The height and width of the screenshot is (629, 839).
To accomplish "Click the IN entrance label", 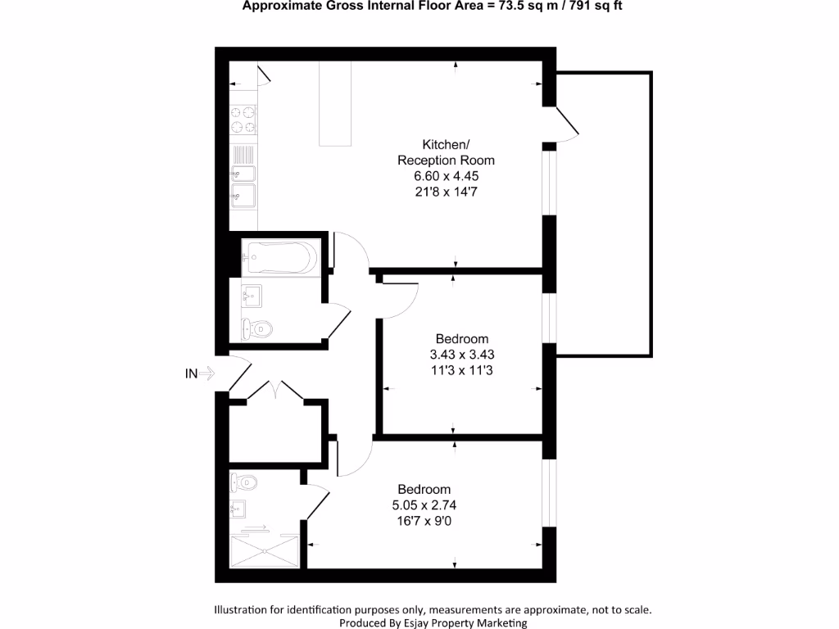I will point(190,374).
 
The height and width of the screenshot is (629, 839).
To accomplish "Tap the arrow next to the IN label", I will point(206,374).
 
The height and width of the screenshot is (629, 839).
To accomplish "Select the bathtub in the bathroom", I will point(279,260).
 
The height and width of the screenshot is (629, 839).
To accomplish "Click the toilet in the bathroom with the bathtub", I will point(257,329).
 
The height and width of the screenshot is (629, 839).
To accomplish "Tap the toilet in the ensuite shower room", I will point(244,482).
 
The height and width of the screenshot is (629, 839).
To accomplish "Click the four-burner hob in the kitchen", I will point(243,119).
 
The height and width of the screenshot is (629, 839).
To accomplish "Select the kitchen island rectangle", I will point(335,105).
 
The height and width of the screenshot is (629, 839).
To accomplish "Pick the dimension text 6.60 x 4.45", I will point(446,176).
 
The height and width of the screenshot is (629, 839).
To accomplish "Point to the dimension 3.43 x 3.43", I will point(462,355).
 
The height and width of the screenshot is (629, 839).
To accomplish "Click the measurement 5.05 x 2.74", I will point(424,504).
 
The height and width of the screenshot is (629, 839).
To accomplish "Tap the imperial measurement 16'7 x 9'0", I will point(424,519).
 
